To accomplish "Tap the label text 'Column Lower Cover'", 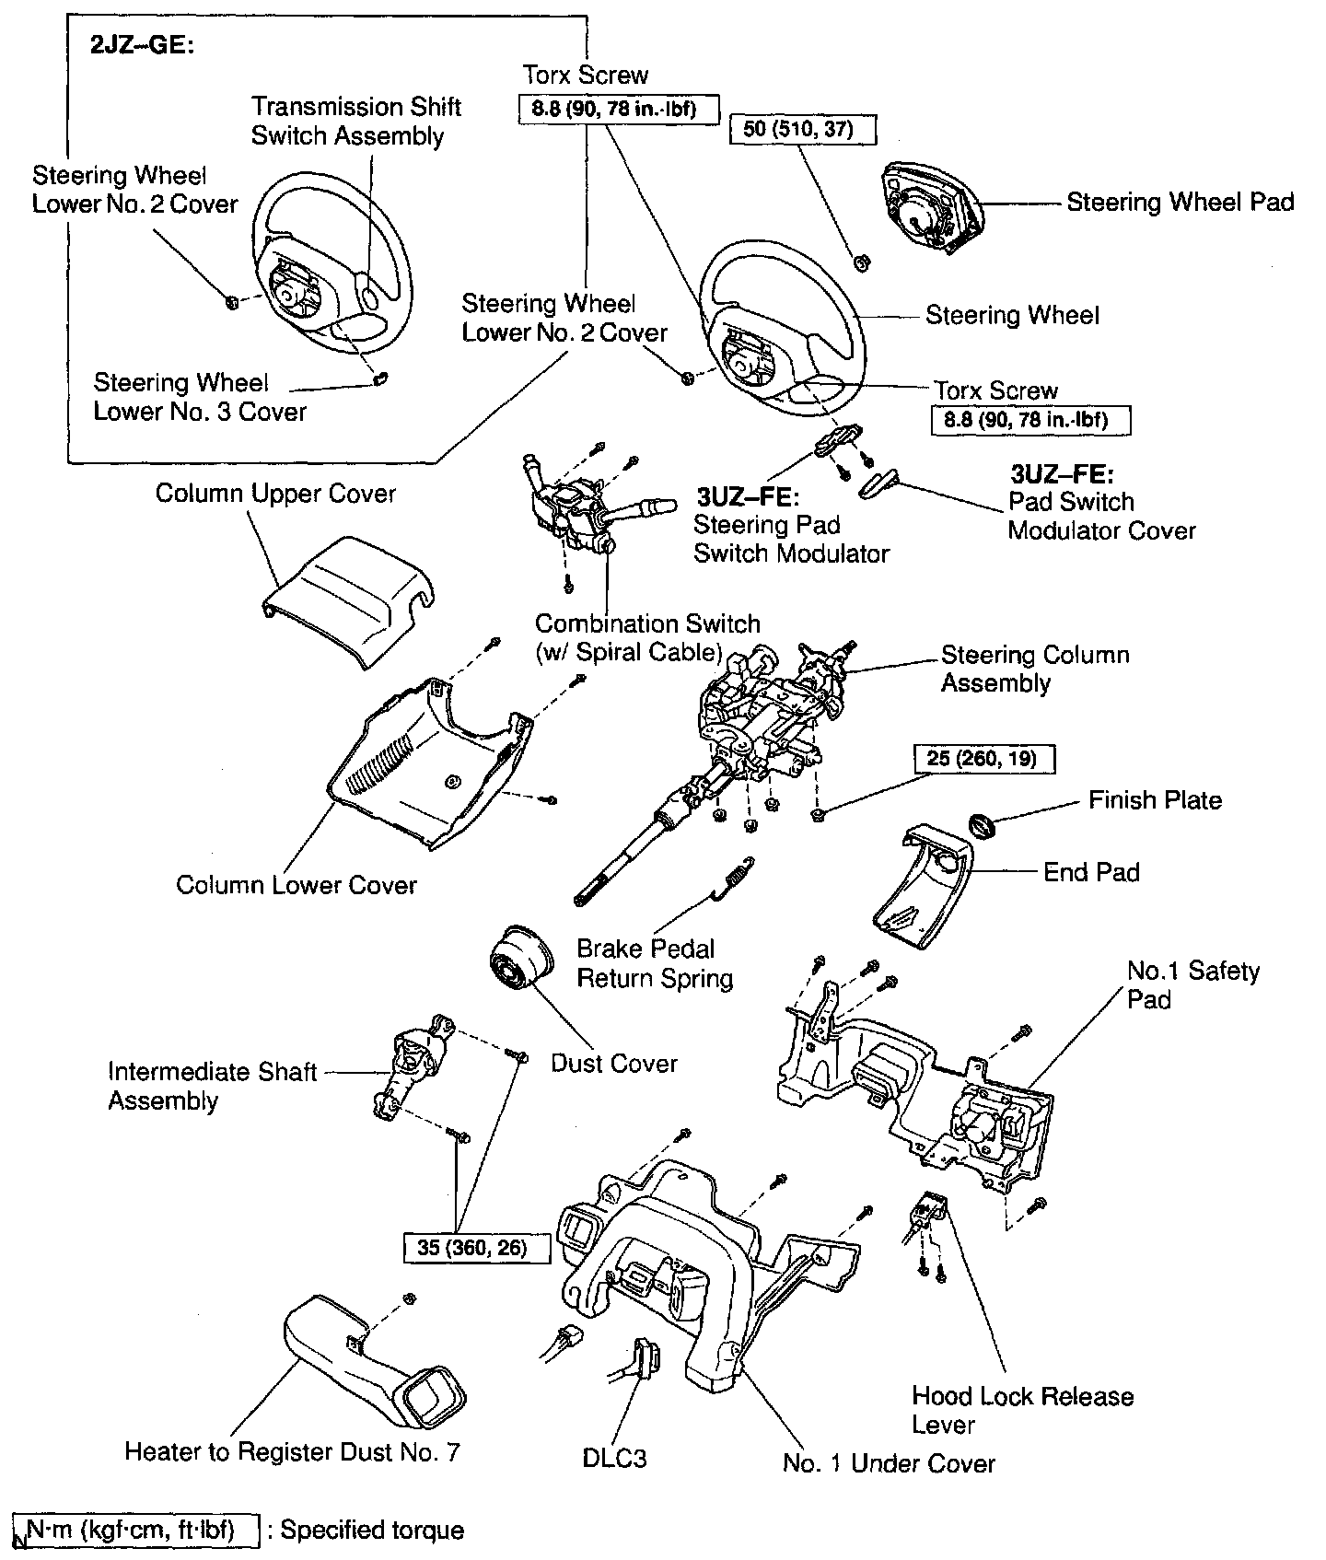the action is coord(297,885).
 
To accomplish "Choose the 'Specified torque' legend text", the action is coord(372,1530).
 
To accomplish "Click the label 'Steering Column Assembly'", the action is coord(1034,669).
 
